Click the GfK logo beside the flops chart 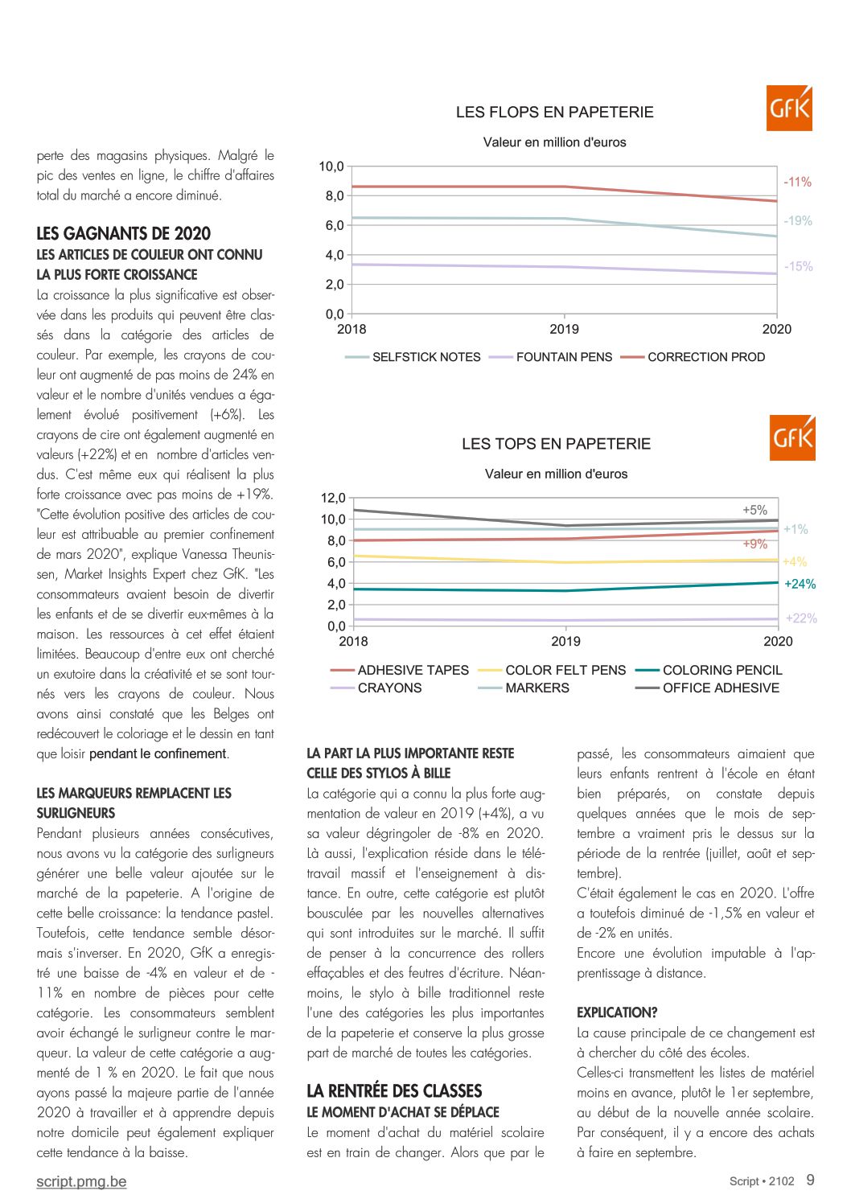point(789,108)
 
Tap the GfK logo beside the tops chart point(792,437)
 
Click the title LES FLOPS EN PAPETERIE point(554,113)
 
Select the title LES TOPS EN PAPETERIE point(556,444)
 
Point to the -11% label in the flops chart point(797,182)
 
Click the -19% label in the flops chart point(798,220)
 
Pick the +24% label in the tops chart point(800,584)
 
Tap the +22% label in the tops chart point(801,618)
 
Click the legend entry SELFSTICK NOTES point(413,357)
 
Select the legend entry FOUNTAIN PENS point(551,357)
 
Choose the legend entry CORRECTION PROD point(693,357)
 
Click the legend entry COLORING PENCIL point(709,670)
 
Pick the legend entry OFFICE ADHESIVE point(707,688)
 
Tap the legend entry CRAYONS point(376,688)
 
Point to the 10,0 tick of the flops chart point(331,166)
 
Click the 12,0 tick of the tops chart point(333,498)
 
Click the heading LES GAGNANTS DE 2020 point(124,234)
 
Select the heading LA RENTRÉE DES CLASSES point(394,1090)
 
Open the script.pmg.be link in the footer point(82,1181)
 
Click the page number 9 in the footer point(811,1180)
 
